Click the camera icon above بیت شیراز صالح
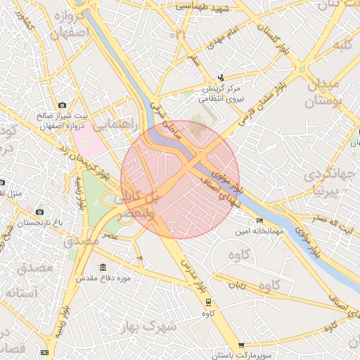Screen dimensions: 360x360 coord(63,105)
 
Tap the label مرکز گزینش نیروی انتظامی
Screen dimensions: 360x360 coord(221,94)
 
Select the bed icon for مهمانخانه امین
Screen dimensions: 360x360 coord(259,220)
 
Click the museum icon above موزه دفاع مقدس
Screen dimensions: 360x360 coord(103,268)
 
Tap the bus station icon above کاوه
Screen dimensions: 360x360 coord(208,302)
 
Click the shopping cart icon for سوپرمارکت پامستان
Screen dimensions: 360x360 coord(242,345)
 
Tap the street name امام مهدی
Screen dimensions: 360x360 coord(226,38)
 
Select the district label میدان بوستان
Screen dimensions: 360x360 coord(321,93)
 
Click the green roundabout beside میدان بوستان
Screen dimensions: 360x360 coord(300,70)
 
